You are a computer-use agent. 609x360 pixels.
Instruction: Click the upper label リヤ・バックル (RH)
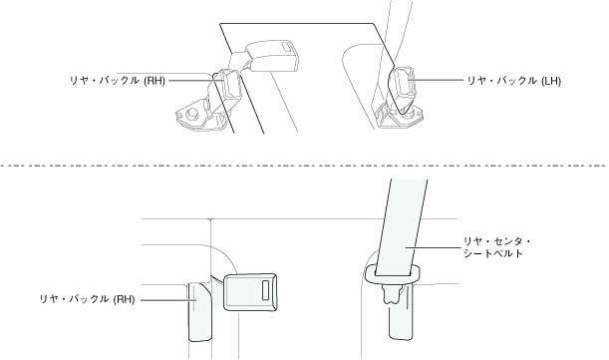[x=118, y=81]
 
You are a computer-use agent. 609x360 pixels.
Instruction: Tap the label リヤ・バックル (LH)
[x=513, y=81]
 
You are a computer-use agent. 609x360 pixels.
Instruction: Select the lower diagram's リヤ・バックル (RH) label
[x=87, y=299]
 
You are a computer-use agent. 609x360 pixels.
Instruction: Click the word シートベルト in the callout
[x=493, y=253]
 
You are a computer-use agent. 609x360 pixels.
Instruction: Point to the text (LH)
[x=551, y=81]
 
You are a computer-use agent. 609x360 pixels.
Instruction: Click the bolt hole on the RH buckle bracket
[x=191, y=114]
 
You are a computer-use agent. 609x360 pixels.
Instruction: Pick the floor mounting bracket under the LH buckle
[x=400, y=116]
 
